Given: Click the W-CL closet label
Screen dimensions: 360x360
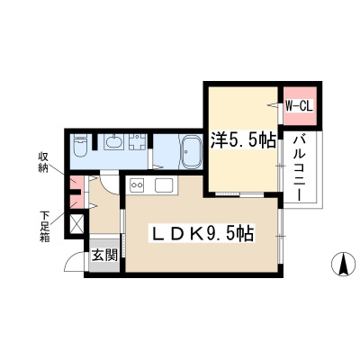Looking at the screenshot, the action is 299,106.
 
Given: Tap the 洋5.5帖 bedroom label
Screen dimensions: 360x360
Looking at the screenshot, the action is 242,139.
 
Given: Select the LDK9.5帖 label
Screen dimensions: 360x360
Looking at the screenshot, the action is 202,233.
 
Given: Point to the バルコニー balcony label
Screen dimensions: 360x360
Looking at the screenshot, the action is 299,168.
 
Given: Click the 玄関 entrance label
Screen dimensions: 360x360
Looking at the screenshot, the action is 104,256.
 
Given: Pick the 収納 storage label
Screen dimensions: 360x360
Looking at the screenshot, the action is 43,162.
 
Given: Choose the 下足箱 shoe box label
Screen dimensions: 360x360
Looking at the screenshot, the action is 45,227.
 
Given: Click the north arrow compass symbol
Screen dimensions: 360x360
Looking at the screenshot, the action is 343,264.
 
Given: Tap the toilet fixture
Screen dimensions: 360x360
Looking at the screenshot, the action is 79,146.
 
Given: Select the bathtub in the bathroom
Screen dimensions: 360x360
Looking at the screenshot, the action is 190,150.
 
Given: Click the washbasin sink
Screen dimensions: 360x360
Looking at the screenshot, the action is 113,141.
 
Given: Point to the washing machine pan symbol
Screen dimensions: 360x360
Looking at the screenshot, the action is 138,142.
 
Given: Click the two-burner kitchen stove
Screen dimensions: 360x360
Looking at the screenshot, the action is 137,184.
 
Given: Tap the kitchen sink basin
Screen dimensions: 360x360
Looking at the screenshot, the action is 164,184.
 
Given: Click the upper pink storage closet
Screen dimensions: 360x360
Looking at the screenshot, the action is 76,184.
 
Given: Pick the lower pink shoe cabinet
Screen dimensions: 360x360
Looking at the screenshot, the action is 76,202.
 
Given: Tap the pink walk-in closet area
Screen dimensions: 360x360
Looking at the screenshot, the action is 300,105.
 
